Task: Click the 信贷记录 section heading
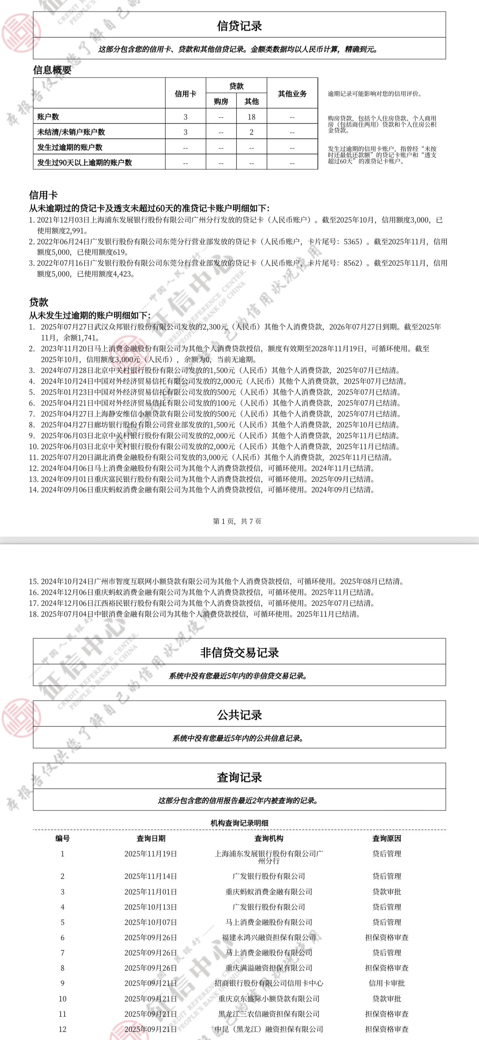pyautogui.click(x=239, y=26)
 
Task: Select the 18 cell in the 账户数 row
pyautogui.click(x=251, y=117)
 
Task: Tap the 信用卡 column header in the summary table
pyautogui.click(x=185, y=94)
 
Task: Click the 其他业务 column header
pyautogui.click(x=292, y=94)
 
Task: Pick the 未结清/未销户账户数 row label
pyautogui.click(x=71, y=132)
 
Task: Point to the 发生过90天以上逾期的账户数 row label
pyautogui.click(x=85, y=163)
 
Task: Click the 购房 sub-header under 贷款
pyautogui.click(x=221, y=101)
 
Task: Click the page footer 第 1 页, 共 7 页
pyautogui.click(x=237, y=521)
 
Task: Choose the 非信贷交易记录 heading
pyautogui.click(x=239, y=653)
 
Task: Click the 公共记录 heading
pyautogui.click(x=239, y=715)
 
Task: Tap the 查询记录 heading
pyautogui.click(x=239, y=777)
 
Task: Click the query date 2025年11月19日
pyautogui.click(x=151, y=854)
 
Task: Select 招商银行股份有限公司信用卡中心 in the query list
pyautogui.click(x=269, y=983)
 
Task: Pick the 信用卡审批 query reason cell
pyautogui.click(x=386, y=983)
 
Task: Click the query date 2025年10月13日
pyautogui.click(x=151, y=907)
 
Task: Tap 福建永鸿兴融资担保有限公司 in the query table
pyautogui.click(x=269, y=937)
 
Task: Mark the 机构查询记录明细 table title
pyautogui.click(x=239, y=823)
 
